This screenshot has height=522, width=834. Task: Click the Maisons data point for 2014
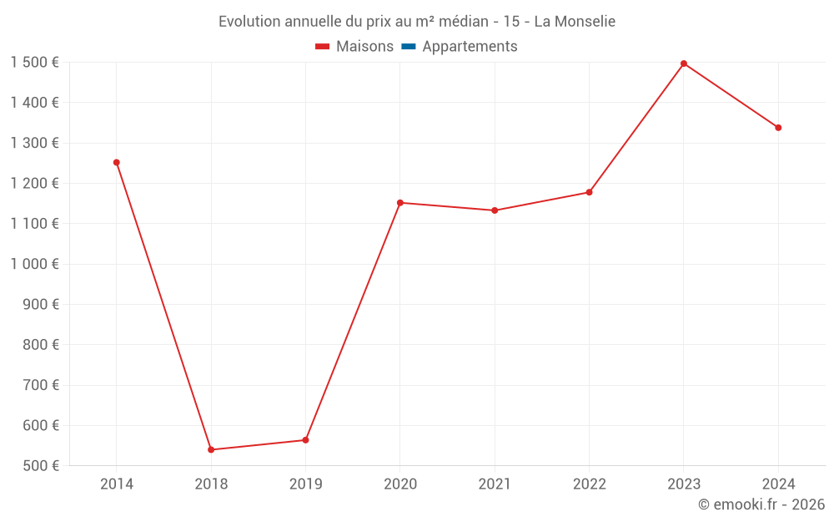[117, 162]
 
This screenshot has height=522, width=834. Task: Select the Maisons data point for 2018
[211, 449]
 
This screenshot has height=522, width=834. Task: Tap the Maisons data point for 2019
[305, 440]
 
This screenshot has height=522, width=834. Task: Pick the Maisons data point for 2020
[400, 202]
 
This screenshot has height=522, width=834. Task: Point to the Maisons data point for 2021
[495, 210]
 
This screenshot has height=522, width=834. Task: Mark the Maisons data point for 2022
[590, 192]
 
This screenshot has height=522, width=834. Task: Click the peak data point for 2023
[684, 63]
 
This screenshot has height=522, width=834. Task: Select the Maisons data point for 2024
[778, 128]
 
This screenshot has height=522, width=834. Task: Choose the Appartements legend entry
[470, 47]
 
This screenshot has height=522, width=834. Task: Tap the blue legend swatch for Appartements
[409, 47]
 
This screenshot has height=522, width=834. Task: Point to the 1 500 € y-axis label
[35, 63]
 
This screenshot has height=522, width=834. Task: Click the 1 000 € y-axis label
[35, 264]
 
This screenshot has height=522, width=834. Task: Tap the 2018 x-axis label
[211, 484]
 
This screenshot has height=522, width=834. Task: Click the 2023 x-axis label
[684, 484]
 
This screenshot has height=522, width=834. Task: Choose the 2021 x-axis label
[495, 484]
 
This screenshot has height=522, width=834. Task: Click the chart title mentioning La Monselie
[417, 22]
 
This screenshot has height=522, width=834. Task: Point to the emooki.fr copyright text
[761, 504]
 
